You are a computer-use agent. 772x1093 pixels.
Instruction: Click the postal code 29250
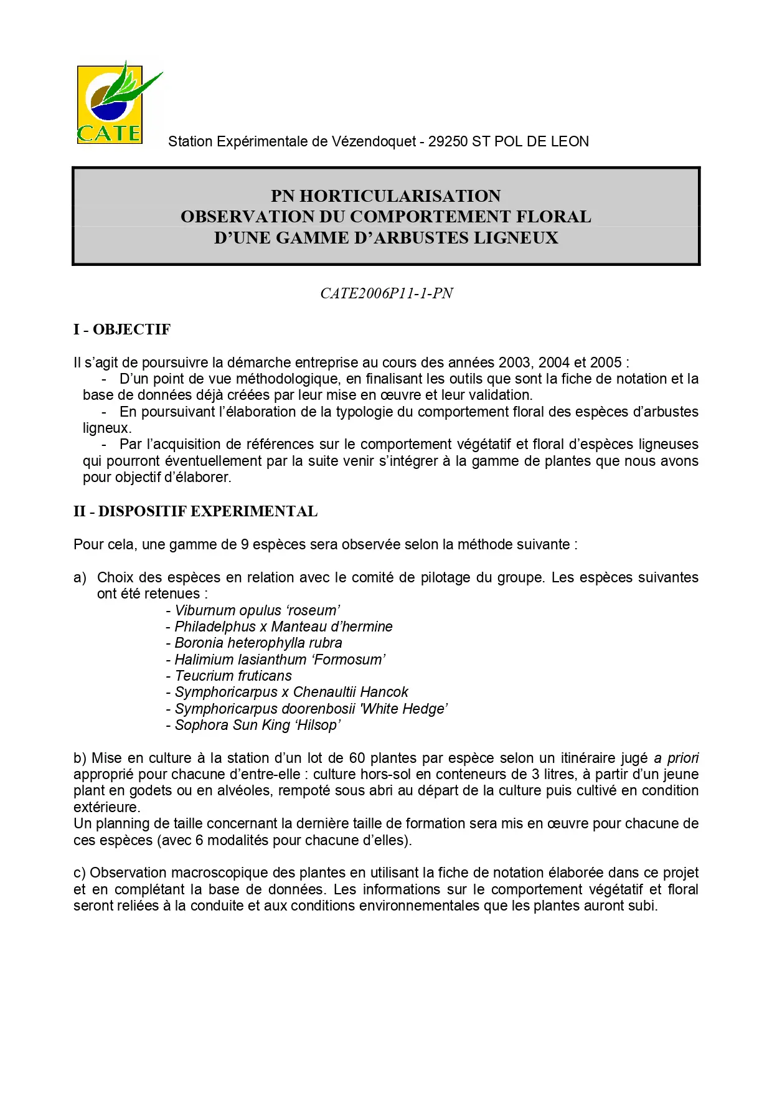[x=448, y=142]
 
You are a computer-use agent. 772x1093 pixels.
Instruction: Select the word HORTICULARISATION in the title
[x=400, y=196]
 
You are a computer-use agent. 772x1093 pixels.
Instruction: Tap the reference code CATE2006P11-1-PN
[x=386, y=293]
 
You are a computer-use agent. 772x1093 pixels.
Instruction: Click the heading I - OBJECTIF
[x=122, y=329]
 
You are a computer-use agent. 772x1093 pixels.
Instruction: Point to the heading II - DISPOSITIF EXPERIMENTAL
[x=195, y=511]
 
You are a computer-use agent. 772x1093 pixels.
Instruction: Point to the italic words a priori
[x=676, y=758]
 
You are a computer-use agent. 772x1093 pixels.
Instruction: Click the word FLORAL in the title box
[x=553, y=217]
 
